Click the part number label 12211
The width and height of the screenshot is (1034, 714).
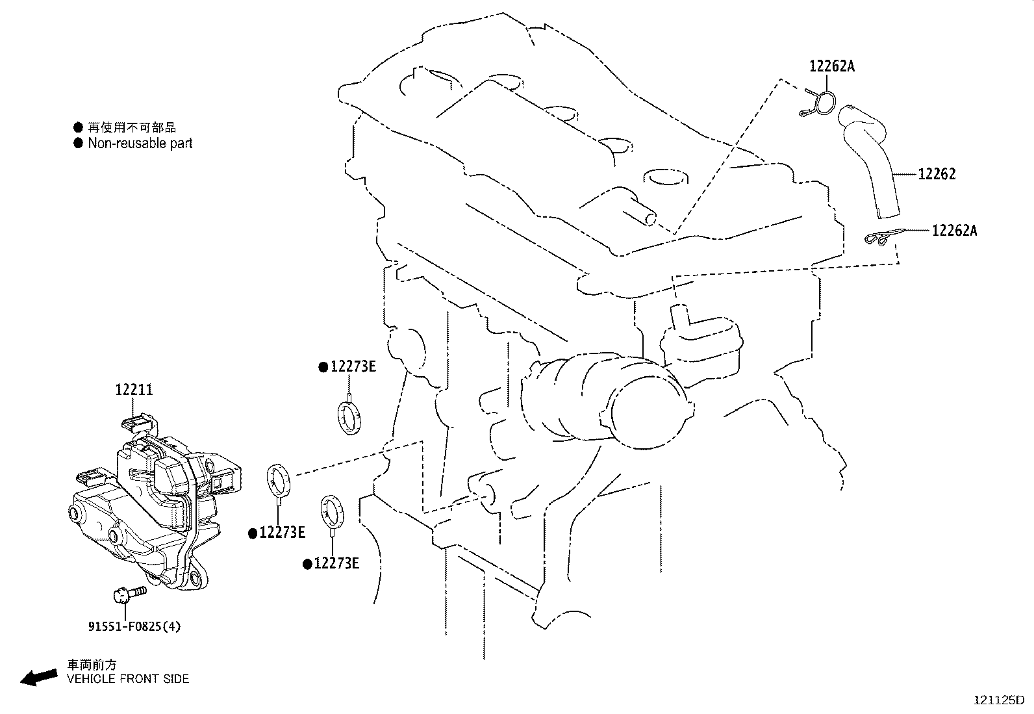pyautogui.click(x=134, y=390)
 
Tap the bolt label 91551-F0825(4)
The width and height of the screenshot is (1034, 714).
pyautogui.click(x=134, y=627)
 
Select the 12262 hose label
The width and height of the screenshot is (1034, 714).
pyautogui.click(x=937, y=174)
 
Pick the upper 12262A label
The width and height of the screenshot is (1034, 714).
pyautogui.click(x=832, y=66)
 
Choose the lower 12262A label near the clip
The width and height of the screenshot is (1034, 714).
pyautogui.click(x=954, y=230)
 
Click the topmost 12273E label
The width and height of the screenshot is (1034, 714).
pyautogui.click(x=353, y=366)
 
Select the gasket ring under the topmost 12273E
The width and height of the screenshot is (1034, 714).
pyautogui.click(x=349, y=417)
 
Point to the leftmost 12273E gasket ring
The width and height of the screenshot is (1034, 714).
pyautogui.click(x=279, y=479)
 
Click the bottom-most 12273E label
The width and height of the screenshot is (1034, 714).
pyautogui.click(x=336, y=563)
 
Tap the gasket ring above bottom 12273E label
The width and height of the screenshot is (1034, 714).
pyautogui.click(x=332, y=510)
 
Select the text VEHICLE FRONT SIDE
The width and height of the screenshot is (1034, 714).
pyautogui.click(x=129, y=679)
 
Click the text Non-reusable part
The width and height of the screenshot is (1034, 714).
pyautogui.click(x=140, y=143)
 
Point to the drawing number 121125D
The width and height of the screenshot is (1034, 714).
pyautogui.click(x=998, y=700)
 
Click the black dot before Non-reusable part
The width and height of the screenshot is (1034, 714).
pyautogui.click(x=79, y=143)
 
